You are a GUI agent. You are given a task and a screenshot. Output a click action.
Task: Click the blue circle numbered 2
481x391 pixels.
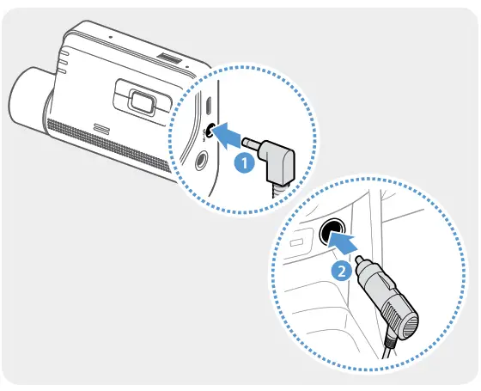click(x=341, y=271)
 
